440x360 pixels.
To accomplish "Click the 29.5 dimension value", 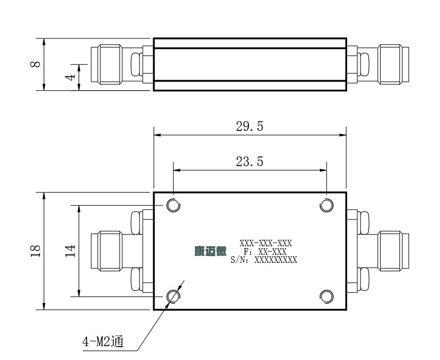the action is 249,126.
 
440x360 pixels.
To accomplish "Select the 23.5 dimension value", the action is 249,162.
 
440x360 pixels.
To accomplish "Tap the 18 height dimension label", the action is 35,251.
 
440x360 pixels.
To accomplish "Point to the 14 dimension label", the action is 70,251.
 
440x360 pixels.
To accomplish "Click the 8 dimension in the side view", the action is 35,64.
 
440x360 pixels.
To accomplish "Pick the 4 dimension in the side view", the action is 70,76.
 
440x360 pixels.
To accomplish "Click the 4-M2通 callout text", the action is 103,341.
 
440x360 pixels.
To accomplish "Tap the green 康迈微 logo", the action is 210,251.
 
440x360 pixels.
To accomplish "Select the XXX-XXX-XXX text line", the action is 265,243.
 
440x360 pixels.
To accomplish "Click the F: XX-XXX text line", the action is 265,252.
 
